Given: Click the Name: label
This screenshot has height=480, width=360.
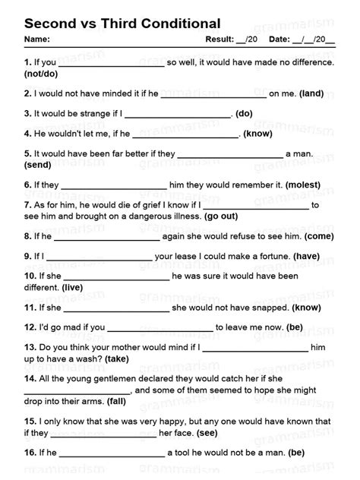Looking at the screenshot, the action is pos(37,39).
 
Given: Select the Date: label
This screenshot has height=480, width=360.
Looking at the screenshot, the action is pos(279,39).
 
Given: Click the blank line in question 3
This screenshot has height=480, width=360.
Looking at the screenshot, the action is pos(177,115).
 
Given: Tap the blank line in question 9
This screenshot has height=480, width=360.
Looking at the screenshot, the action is pos(98,257).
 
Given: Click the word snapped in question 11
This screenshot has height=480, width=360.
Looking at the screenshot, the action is pos(267,308).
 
